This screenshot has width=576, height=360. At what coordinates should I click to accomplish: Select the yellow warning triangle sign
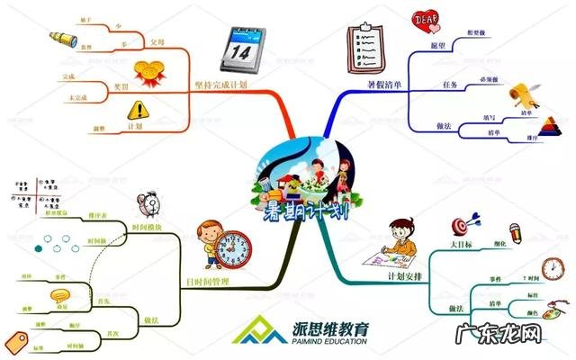coord(138,111)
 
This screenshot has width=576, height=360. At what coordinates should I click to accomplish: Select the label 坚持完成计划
coord(220,84)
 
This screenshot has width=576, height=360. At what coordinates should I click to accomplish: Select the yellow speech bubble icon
coord(60,294)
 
